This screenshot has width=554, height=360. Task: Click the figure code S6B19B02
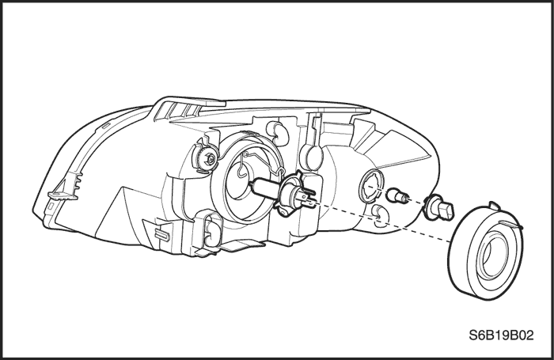click(501, 335)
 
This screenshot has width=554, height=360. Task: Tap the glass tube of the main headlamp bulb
click(265, 189)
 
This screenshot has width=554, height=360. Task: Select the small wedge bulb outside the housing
click(398, 195)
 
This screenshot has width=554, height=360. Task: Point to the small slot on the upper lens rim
click(105, 125)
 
